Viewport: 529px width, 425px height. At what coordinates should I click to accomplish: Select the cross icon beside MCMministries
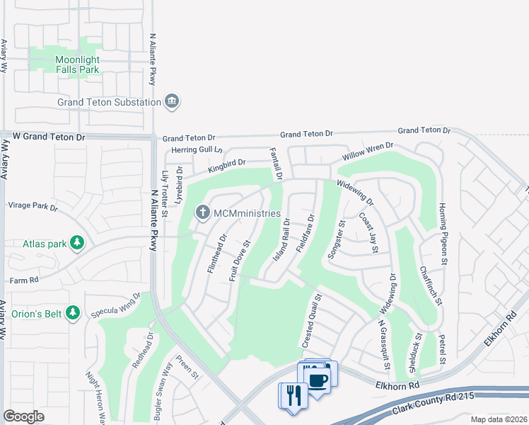click(x=203, y=212)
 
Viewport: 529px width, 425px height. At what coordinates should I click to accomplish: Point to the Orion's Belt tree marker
click(x=72, y=312)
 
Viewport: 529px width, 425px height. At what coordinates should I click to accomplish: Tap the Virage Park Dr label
click(x=32, y=206)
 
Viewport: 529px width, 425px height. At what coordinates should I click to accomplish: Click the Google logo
click(x=23, y=416)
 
